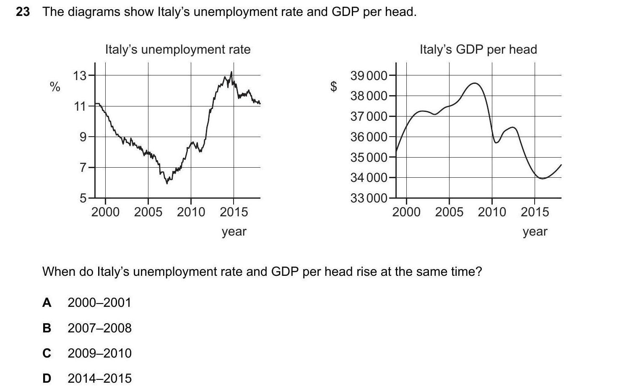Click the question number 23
[23, 12]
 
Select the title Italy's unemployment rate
[177, 49]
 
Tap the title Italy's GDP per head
[478, 49]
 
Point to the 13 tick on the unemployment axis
[80, 76]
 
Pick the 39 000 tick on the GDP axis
[369, 76]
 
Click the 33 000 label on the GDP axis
[369, 198]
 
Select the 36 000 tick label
[369, 137]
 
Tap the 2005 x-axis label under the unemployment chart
[148, 212]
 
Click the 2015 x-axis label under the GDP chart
[535, 212]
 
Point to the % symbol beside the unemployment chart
[55, 87]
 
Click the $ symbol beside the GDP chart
[334, 86]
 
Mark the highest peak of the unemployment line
[231, 72]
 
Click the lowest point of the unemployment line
[167, 183]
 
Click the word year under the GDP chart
[535, 231]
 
